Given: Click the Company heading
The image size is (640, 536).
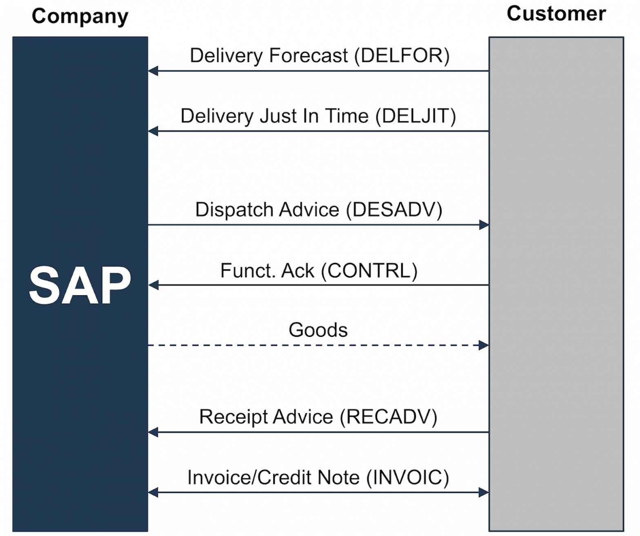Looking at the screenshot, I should coord(80,17).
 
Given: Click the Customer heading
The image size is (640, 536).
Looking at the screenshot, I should coord(556,14).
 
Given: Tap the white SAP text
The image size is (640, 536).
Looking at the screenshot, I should coord(80,285).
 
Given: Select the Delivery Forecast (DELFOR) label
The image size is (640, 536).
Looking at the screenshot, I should coord(319,56).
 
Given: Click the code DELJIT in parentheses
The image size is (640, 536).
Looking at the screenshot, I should coord(416,116).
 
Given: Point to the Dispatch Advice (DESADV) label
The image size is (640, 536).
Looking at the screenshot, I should coord(318,210).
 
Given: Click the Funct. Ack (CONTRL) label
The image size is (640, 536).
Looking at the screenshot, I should coord(318,271).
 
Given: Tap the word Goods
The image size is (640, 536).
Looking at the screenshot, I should coord(318,330).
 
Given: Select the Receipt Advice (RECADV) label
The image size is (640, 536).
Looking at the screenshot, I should coord(318,417).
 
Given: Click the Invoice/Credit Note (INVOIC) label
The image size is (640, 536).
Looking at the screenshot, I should coord(318,477).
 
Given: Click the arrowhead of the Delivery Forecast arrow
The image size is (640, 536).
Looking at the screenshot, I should coord(153,71).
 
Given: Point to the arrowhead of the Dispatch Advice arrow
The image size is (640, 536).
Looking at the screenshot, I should coord(484,225).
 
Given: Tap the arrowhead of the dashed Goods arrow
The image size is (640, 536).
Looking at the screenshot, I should coord(484,345).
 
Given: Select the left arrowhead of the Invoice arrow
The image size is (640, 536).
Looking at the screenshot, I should coord(153,492).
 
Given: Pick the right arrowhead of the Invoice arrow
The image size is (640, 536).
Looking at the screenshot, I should coord(484,492).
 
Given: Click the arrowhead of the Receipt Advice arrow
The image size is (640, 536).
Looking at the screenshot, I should coord(153,432).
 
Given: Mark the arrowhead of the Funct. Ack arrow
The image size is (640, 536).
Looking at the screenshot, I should coord(153,285).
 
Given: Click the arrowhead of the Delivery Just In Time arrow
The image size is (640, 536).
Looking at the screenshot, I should coord(153,131).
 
